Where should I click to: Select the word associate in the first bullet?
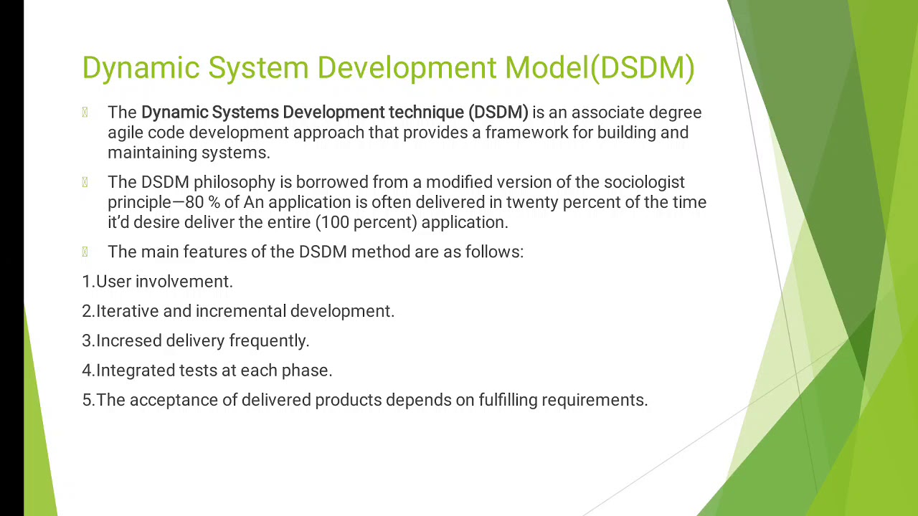[x=608, y=113]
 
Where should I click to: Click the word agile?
[x=126, y=133]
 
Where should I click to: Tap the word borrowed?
[x=332, y=182]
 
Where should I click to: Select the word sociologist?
[x=644, y=182]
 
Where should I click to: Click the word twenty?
[x=532, y=202]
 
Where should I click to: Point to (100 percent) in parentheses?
[x=366, y=222]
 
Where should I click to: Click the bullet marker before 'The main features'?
[x=85, y=252]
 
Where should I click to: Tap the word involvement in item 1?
[x=184, y=282]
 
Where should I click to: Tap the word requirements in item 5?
[x=594, y=400]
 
